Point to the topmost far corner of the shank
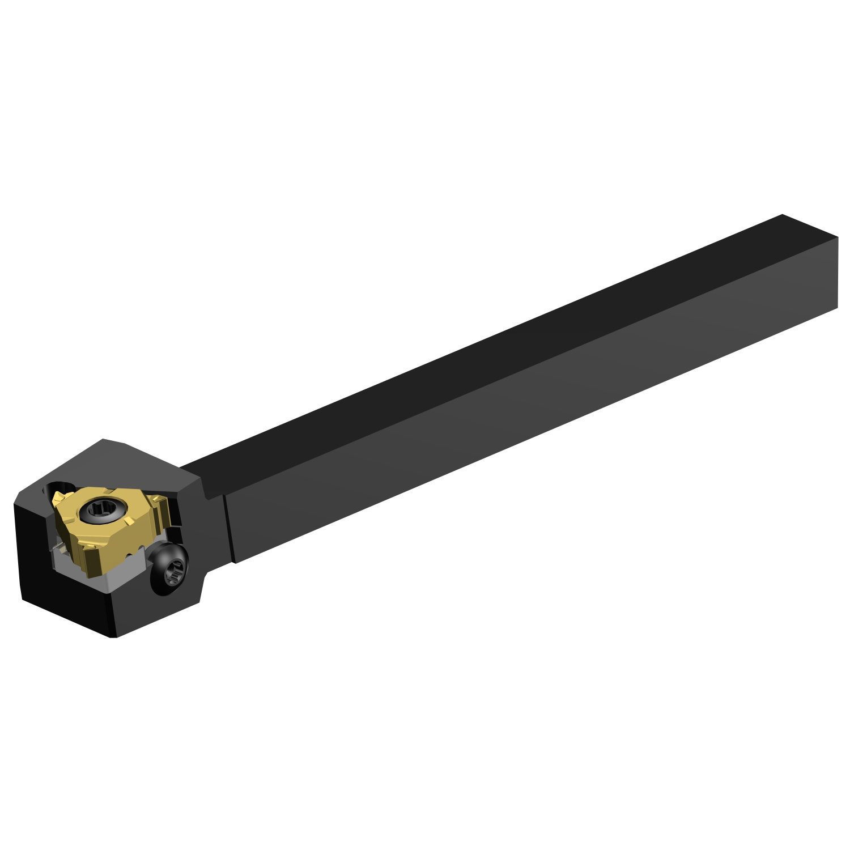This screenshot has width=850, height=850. (x=782, y=215)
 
